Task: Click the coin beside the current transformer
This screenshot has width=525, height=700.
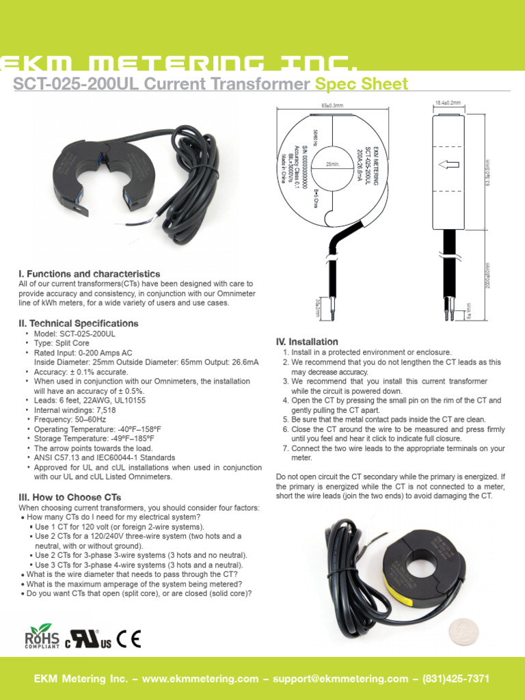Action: [x=463, y=632]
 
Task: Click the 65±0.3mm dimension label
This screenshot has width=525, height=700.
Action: [x=332, y=106]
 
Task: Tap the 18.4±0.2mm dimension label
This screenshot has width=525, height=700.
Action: [x=448, y=103]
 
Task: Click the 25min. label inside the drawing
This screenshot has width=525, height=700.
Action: [x=333, y=165]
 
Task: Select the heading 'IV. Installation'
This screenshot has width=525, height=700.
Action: [x=306, y=341]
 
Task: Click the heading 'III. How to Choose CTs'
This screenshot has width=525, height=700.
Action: [x=70, y=497]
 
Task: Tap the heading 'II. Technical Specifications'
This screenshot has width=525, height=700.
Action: [x=79, y=323]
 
